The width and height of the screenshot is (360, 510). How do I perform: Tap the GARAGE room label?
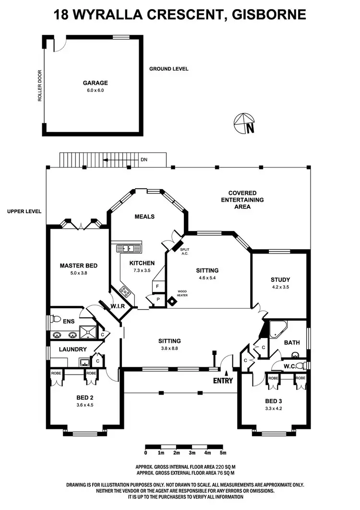coord(95,83)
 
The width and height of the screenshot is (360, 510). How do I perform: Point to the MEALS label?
coord(144,217)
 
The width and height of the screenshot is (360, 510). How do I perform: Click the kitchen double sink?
coord(128,248)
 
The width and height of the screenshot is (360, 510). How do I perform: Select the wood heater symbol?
coord(171,301)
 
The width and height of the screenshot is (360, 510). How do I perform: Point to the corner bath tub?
coord(277,329)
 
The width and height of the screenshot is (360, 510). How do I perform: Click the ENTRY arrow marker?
coord(226,373)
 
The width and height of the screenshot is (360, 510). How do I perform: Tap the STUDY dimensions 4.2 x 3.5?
coord(280,287)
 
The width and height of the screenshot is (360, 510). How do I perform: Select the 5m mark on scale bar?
coord(223,453)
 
